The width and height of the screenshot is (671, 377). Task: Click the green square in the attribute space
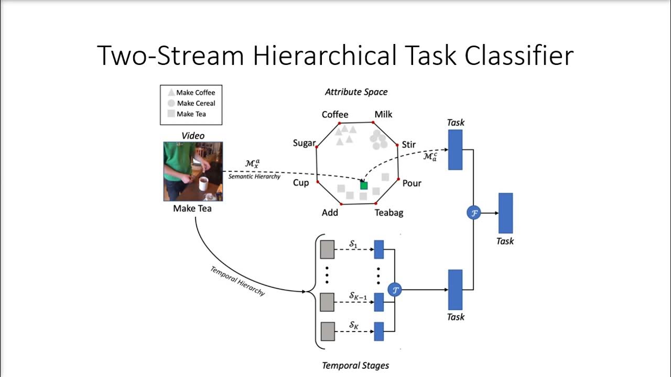364,185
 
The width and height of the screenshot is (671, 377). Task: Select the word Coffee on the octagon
335,115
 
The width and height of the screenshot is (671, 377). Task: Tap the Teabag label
389,213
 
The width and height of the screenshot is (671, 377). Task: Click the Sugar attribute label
304,143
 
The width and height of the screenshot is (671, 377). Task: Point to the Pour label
412,183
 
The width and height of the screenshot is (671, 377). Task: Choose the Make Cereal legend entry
196,103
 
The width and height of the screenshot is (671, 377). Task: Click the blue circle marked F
473,213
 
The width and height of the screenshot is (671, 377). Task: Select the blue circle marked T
394,289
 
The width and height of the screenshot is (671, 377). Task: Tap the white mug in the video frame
203,184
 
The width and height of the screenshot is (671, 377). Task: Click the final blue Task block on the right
505,213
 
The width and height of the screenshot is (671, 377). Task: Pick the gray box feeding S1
327,249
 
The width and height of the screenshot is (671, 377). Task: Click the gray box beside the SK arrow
327,331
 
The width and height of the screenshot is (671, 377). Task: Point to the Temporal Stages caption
355,365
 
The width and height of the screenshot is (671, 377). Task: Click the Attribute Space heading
356,92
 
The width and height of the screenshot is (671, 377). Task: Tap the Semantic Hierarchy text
254,176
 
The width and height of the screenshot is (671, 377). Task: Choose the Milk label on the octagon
383,115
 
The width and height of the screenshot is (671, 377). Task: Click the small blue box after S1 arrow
378,249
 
